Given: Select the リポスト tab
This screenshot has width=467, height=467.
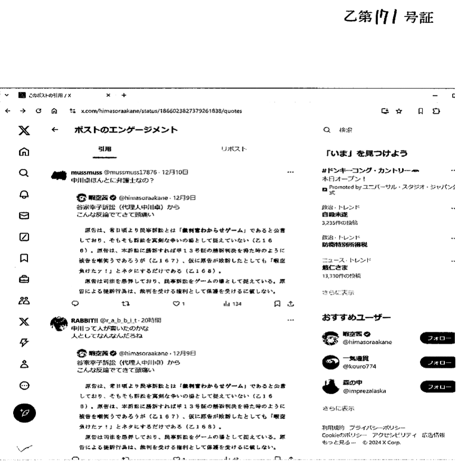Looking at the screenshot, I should (234, 150).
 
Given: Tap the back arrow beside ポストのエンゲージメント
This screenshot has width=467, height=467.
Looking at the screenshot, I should (54, 130).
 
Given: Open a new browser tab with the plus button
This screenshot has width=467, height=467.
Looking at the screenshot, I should (124, 95).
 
